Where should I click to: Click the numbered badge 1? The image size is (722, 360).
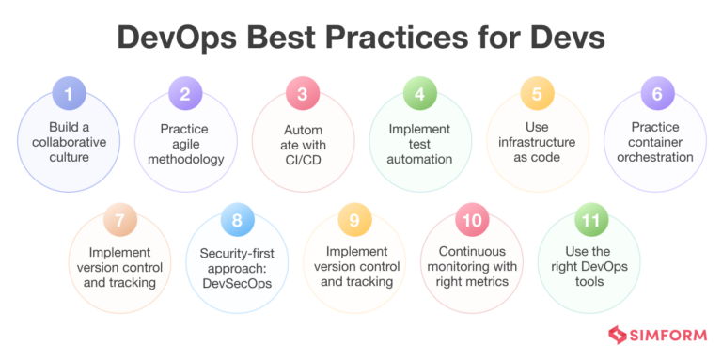69,93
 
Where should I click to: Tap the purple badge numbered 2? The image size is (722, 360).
185,93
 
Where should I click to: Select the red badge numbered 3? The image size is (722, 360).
302,93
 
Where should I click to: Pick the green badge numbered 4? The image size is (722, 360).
419,93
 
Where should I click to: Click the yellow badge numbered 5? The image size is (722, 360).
536,93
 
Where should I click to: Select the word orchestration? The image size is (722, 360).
655,157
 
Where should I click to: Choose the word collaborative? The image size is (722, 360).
69,142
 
